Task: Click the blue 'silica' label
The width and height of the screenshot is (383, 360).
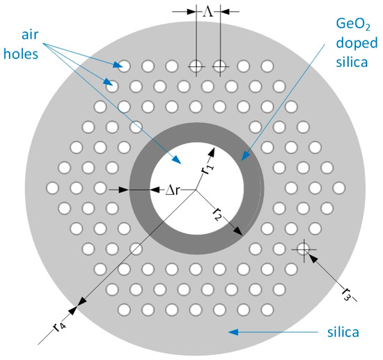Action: click(343, 334)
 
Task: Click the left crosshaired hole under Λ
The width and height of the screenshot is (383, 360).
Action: click(196, 66)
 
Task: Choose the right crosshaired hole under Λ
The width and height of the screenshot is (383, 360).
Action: click(220, 66)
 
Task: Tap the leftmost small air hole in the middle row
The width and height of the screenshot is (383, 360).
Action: click(52, 188)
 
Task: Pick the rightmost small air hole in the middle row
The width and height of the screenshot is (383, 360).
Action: click(339, 188)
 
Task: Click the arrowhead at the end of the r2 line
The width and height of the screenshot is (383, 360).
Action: click(241, 234)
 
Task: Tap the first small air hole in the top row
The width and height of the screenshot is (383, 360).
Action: click(125, 66)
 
